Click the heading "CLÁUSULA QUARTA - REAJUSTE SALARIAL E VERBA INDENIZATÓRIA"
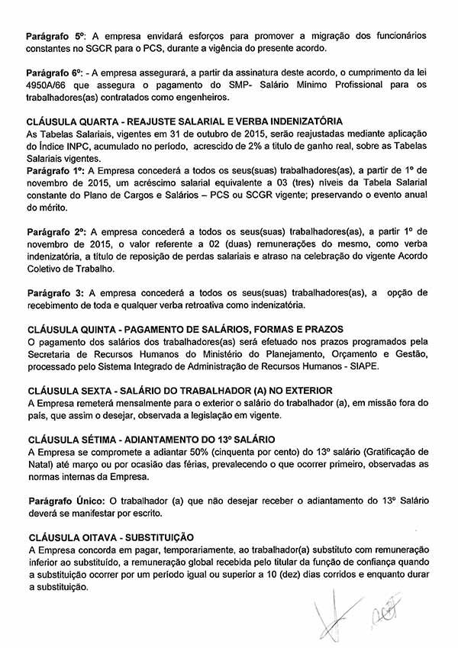pyautogui.click(x=184, y=121)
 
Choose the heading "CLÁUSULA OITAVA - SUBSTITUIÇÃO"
pyautogui.click(x=110, y=537)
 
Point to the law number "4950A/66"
pyautogui.click(x=48, y=84)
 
